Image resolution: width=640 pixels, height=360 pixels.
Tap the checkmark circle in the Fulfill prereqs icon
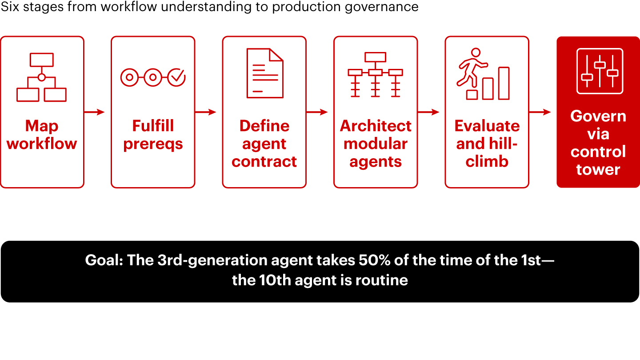176,77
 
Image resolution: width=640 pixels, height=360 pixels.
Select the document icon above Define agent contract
265,73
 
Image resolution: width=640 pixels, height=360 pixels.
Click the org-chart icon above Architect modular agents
375,75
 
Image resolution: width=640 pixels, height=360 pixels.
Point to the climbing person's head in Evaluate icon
476,52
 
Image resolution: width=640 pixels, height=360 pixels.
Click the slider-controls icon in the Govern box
600,71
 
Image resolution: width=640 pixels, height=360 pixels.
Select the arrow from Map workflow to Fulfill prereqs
95,112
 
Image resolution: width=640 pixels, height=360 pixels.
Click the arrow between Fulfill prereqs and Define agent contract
206,112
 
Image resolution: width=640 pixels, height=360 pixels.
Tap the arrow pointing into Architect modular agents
317,112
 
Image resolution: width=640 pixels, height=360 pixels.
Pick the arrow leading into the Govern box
540,112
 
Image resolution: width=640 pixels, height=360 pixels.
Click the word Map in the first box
42,127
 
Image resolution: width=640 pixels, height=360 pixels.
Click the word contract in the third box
264,162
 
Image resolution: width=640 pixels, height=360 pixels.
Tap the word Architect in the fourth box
376,126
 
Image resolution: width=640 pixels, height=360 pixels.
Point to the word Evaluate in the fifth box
487,126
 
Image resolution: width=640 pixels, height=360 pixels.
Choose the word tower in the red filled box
598,170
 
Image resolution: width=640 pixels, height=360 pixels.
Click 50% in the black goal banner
375,260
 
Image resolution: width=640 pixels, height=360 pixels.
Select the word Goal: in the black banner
104,260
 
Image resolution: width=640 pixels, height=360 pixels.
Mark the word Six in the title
10,7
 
